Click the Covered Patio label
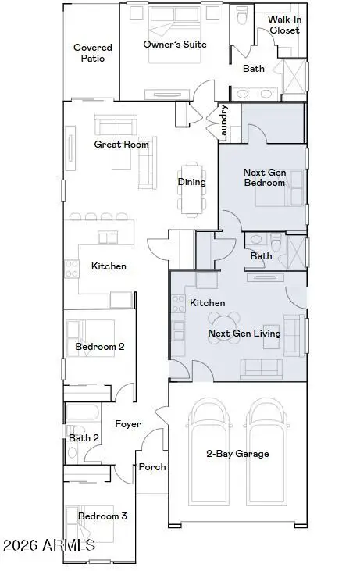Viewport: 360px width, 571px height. pos(93,53)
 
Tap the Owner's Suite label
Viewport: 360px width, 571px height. pos(175,45)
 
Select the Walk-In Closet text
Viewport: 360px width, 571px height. pos(283,24)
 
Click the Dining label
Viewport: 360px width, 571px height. pos(191,182)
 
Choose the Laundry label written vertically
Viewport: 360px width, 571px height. pos(224,123)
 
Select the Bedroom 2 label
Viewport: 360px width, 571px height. pos(100,346)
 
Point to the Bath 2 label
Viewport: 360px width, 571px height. pos(84,438)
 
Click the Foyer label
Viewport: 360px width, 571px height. pos(128,424)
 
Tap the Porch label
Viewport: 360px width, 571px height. pos(152,467)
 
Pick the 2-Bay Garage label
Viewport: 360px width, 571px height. pos(237,454)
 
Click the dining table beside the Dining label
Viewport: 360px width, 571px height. pos(192,187)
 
